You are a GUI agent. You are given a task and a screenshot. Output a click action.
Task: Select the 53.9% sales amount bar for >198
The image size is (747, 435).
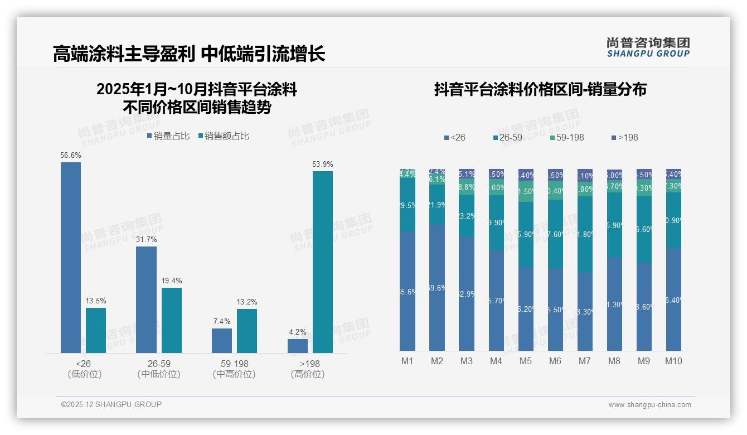click(322, 262)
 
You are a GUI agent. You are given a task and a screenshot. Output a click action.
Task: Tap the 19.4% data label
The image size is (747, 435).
click(172, 281)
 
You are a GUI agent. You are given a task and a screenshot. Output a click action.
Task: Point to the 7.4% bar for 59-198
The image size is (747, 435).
click(222, 341)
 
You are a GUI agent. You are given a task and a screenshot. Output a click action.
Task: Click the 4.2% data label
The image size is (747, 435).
click(298, 332)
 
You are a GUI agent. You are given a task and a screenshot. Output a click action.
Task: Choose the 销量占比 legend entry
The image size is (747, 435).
click(168, 136)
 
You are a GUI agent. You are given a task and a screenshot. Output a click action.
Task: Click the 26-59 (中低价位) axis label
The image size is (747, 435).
click(159, 369)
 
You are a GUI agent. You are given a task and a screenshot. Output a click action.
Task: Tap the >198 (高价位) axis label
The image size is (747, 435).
click(307, 369)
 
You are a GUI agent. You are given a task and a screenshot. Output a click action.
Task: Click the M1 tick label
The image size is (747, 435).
click(408, 361)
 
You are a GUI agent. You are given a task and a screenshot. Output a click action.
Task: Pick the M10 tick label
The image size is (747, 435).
click(673, 361)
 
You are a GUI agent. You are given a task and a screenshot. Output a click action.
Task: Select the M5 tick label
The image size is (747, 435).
click(526, 361)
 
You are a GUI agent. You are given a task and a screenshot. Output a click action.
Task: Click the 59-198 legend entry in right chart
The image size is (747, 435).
click(566, 137)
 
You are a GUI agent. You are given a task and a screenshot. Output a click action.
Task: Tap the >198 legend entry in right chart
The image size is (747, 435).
click(624, 137)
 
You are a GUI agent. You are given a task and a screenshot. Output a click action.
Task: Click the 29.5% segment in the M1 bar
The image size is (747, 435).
click(408, 205)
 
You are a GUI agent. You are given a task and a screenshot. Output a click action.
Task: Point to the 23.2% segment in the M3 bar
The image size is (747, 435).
click(467, 215)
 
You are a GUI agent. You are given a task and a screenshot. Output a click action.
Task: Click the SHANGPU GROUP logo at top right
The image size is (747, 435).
click(648, 47)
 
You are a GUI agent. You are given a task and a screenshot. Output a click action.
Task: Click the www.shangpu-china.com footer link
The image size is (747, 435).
click(649, 405)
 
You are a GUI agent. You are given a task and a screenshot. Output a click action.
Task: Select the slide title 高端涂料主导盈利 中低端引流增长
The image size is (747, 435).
click(189, 54)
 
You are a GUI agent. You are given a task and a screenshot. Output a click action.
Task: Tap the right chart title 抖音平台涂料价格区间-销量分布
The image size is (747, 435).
click(540, 89)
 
